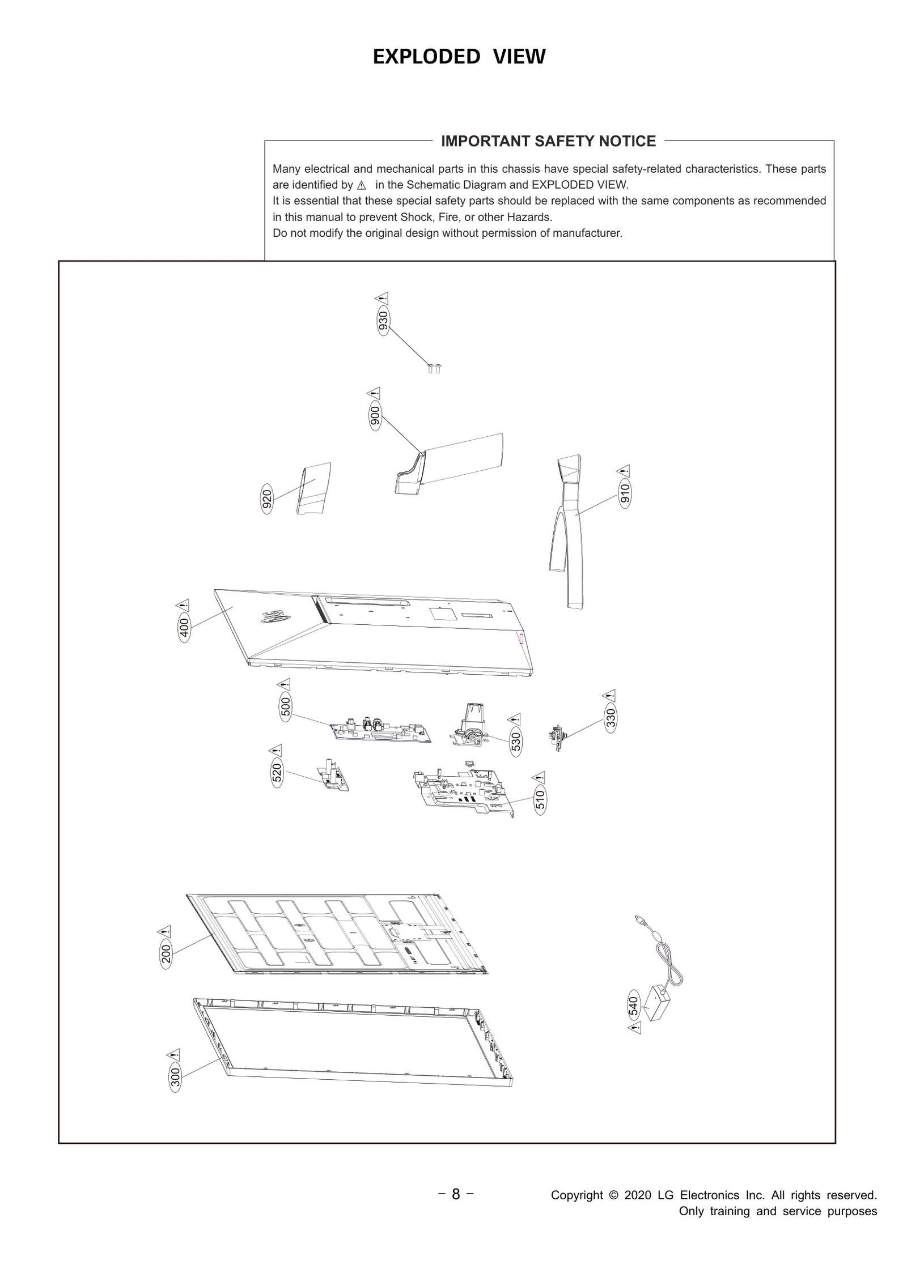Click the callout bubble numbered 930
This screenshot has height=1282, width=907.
pos(384,321)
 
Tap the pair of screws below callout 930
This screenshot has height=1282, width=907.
pos(434,368)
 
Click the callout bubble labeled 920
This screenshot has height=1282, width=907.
pos(266,498)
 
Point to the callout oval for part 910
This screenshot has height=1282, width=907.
pos(625,494)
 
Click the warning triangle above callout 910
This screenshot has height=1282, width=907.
pos(624,471)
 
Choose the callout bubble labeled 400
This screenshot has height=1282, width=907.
pos(184,627)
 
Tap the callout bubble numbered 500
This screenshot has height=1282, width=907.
pos(286,707)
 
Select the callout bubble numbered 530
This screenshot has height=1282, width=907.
pos(516,742)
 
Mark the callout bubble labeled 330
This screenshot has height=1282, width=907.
pos(611,718)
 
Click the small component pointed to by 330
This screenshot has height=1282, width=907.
pos(557,737)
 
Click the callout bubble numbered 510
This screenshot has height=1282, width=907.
pos(540,799)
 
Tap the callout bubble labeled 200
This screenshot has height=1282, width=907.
pos(166,954)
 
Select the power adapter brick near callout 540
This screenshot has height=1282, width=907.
pos(658,1003)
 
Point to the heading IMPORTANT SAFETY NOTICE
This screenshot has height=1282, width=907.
pos(548,141)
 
